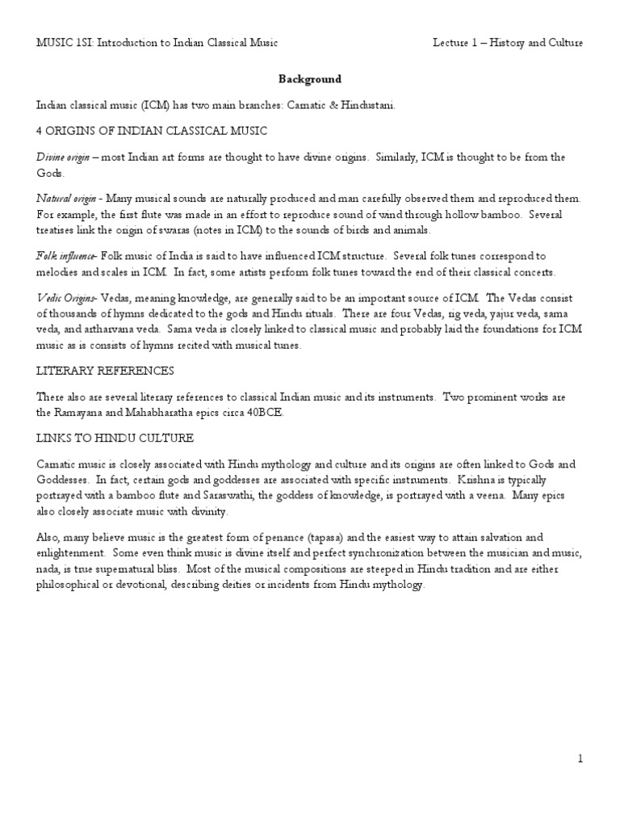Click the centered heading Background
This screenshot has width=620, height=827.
[310, 79]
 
